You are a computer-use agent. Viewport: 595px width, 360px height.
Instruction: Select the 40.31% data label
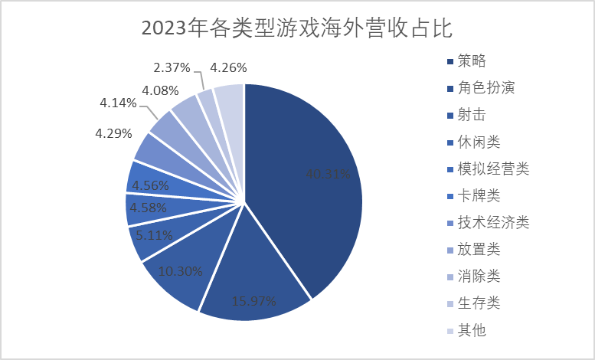[x=329, y=175]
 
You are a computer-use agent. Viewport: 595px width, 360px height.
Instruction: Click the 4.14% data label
[x=118, y=103]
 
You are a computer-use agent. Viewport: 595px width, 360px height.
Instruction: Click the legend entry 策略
[x=472, y=61]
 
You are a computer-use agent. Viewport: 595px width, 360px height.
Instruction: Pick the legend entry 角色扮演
[x=485, y=87]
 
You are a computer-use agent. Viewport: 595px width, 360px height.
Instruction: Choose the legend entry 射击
[x=472, y=114]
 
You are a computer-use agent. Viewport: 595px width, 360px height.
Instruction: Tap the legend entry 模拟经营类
[x=493, y=169]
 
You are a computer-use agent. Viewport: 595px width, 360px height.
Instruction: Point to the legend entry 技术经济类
[x=493, y=222]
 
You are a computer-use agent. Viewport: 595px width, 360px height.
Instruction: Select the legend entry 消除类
[x=479, y=276]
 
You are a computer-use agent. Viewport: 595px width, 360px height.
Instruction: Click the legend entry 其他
[x=472, y=330]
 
